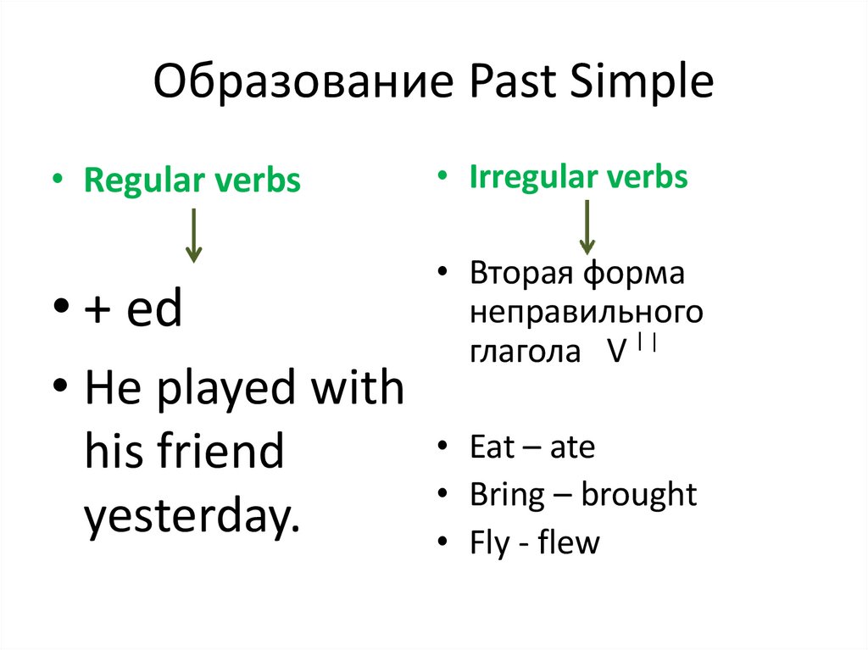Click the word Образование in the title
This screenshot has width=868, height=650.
tap(303, 81)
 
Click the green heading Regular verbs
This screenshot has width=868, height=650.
tap(192, 181)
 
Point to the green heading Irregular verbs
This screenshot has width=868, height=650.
tap(578, 177)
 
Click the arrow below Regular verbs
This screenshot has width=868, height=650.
tap(193, 236)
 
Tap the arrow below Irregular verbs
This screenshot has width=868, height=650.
tap(587, 228)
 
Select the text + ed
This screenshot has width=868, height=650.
tap(133, 308)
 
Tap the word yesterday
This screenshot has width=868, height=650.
tap(192, 515)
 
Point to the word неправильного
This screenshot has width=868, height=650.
tap(587, 312)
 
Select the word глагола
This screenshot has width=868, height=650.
tap(525, 351)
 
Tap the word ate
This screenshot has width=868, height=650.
tap(572, 447)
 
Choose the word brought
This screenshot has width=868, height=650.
tap(639, 494)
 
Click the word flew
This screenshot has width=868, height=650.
tap(569, 542)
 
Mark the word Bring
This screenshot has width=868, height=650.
tap(507, 494)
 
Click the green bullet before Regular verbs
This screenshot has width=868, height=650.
tap(58, 178)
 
